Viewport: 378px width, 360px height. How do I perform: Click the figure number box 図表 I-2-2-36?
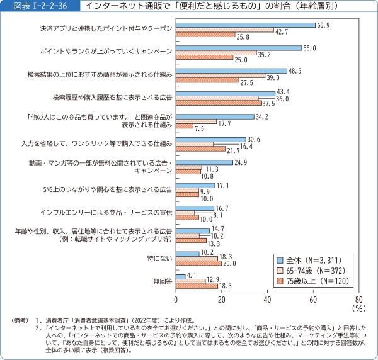pos(37,6)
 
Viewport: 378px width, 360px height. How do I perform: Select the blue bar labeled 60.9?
pos(245,25)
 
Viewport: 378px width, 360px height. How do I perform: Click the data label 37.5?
pos(270,103)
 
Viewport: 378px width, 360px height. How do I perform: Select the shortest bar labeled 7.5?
pos(185,127)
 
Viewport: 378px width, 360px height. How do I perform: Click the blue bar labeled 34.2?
pos(215,116)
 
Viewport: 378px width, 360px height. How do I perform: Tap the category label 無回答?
pos(163,281)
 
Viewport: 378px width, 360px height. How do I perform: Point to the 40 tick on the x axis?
pos(267,300)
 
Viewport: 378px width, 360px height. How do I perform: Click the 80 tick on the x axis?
pos(358,300)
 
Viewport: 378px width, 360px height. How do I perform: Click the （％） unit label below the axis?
pos(358,309)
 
